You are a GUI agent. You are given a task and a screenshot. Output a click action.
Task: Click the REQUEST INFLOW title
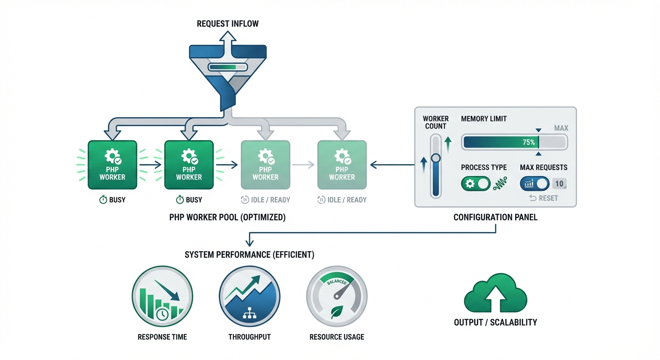pyautogui.click(x=227, y=23)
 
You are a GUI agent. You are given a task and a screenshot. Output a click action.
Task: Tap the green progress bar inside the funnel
pyautogui.click(x=227, y=67)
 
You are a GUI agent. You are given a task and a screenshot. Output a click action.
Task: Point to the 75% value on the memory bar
pyautogui.click(x=528, y=142)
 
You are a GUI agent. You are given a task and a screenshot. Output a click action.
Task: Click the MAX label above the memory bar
pyautogui.click(x=561, y=128)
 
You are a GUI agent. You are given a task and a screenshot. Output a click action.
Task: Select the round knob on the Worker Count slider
pyautogui.click(x=436, y=158)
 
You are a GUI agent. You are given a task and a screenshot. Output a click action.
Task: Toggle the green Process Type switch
pyautogui.click(x=475, y=184)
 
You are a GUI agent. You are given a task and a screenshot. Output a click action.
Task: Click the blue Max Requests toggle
pyautogui.click(x=534, y=184)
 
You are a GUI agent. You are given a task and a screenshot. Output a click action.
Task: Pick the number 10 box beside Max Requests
pyautogui.click(x=559, y=184)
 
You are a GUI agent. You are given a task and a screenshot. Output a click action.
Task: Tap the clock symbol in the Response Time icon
pyautogui.click(x=163, y=315)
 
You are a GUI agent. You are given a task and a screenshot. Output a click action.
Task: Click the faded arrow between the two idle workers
pyautogui.click(x=303, y=165)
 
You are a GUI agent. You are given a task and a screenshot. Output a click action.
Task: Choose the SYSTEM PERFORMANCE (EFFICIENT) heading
pyautogui.click(x=249, y=255)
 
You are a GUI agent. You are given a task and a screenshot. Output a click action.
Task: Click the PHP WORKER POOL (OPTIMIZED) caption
pyautogui.click(x=227, y=217)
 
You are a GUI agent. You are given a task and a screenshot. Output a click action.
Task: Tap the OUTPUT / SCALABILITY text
pyautogui.click(x=495, y=322)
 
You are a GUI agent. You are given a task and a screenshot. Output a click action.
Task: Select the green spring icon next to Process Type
pyautogui.click(x=500, y=184)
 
